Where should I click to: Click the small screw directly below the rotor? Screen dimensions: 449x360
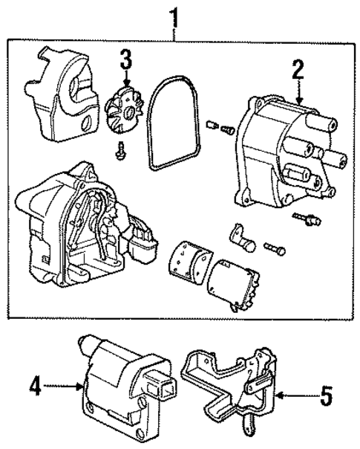tap(120, 152)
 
